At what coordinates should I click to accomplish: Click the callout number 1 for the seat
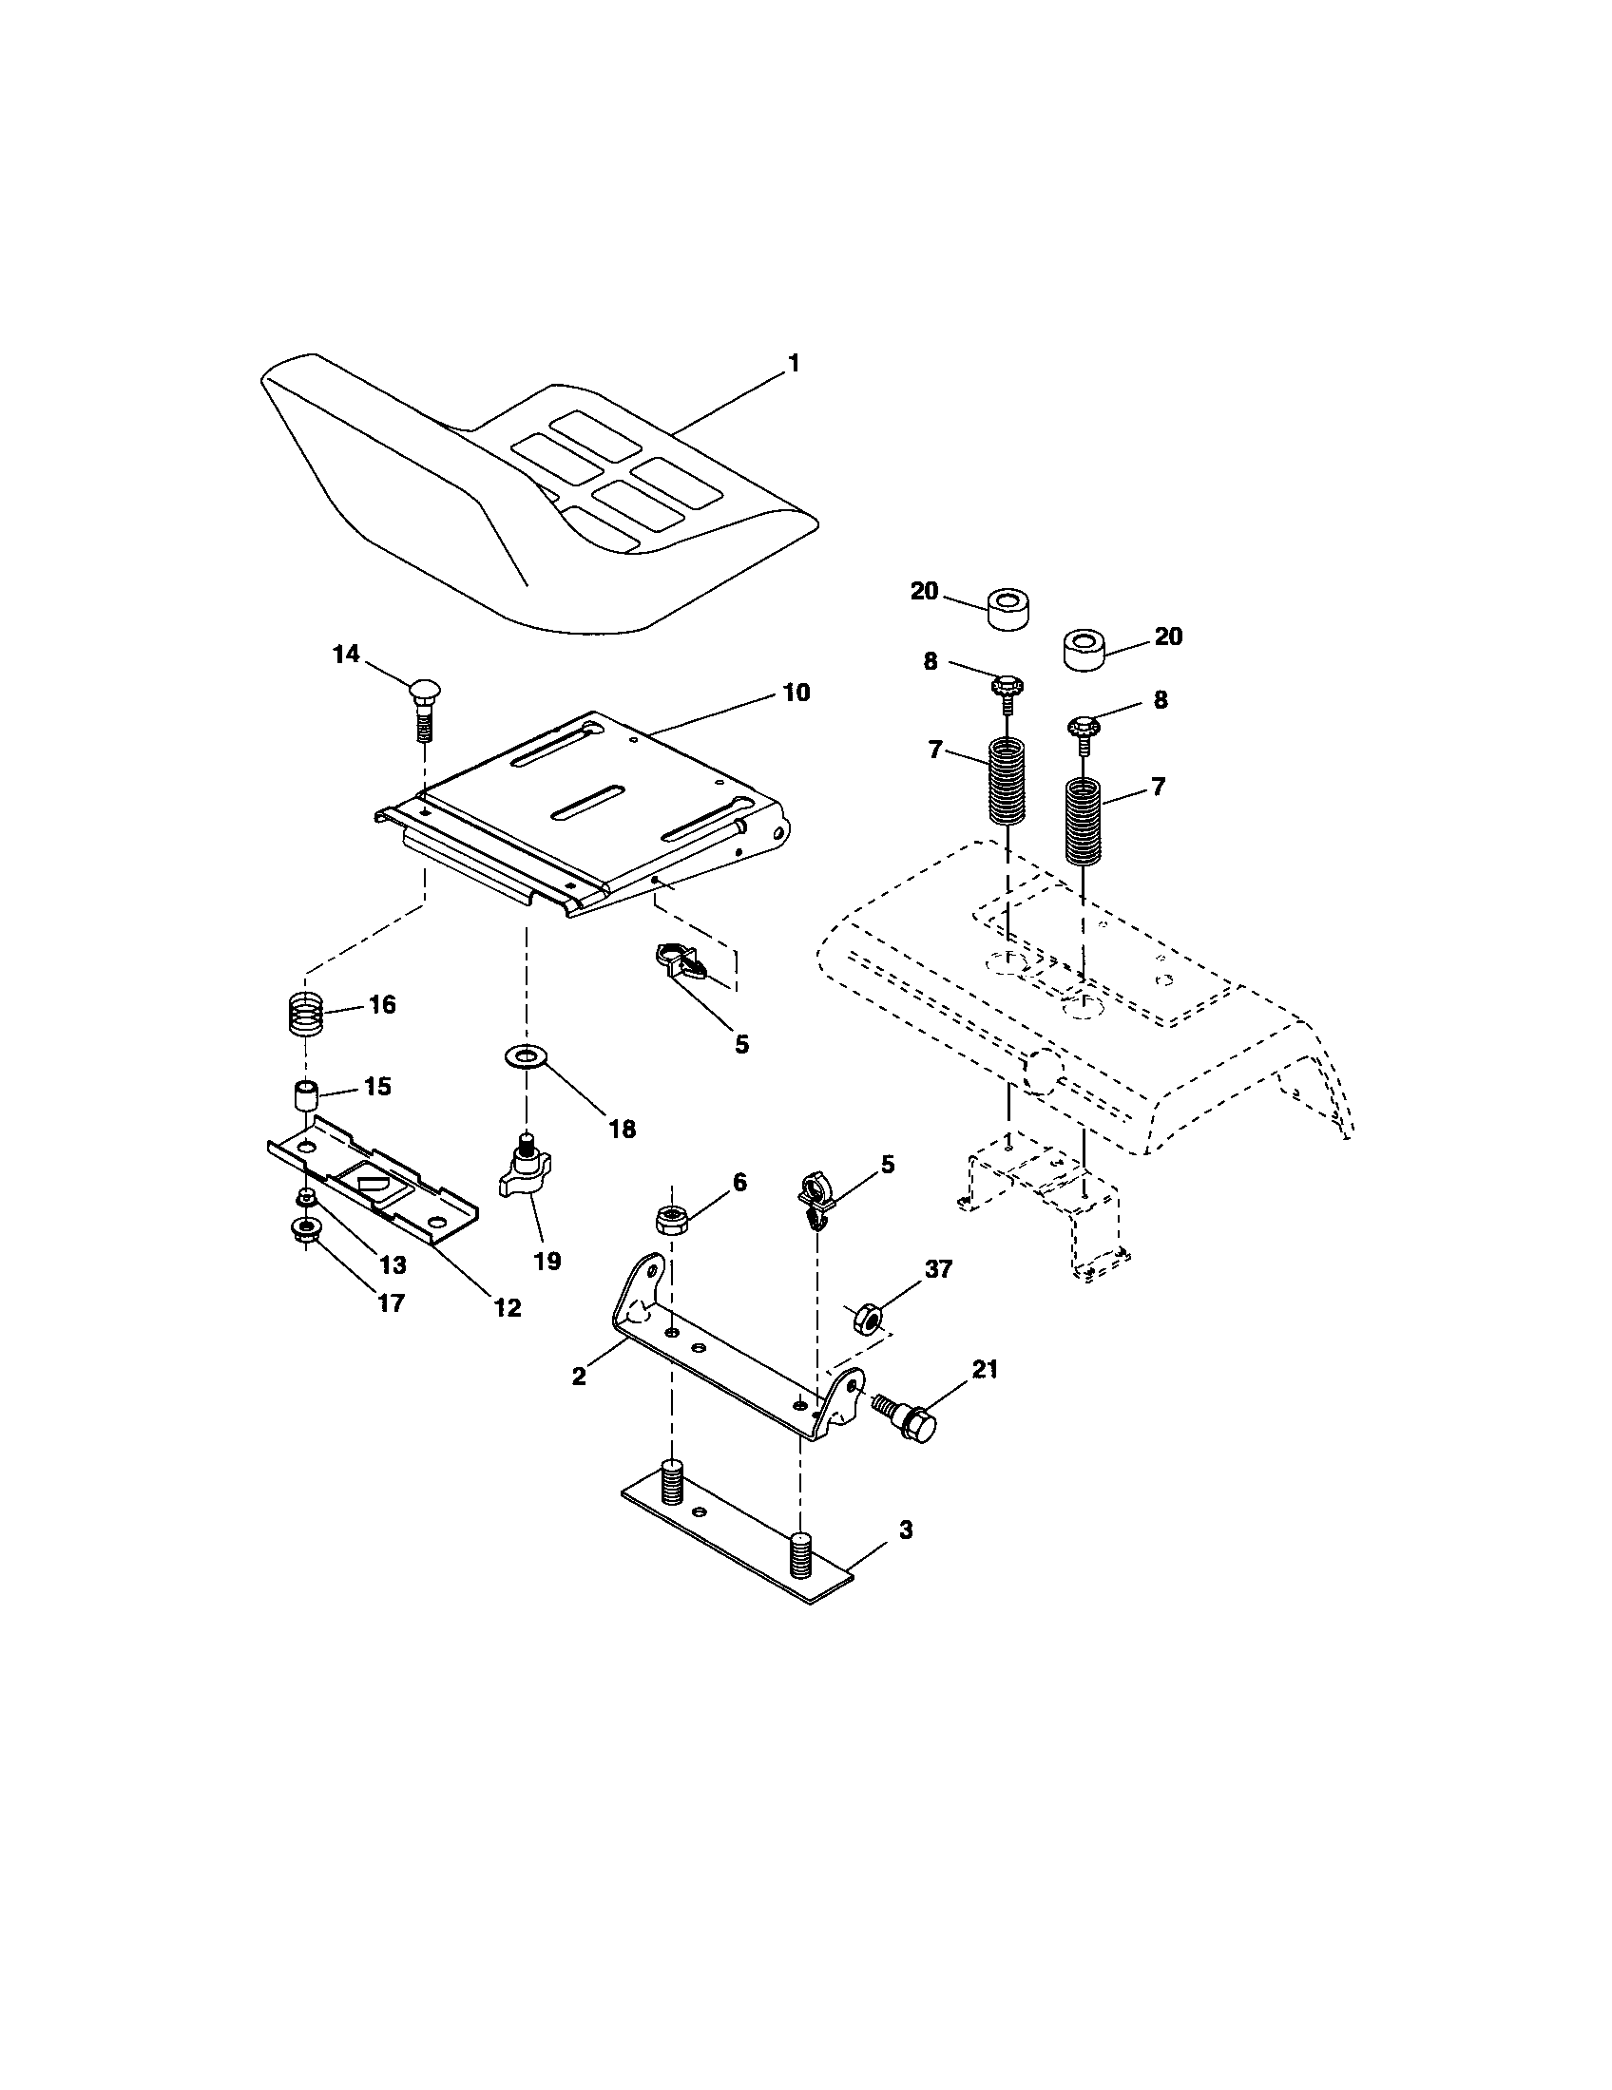tap(793, 364)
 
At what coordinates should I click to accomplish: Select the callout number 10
tap(796, 692)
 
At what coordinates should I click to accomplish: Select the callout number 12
tap(507, 1307)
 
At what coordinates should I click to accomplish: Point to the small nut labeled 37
tap(865, 1319)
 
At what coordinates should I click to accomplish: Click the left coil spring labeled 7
tap(1006, 781)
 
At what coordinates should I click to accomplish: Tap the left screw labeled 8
tap(1007, 690)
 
